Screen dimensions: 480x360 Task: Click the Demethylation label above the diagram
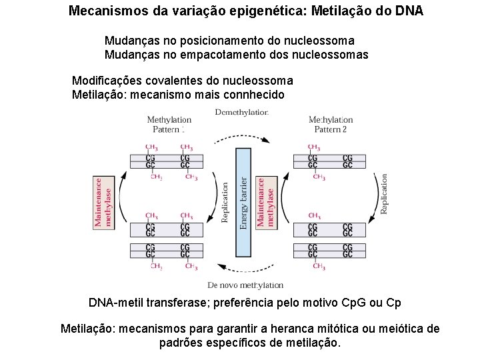click(242, 112)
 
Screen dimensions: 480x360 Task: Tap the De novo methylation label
click(246, 285)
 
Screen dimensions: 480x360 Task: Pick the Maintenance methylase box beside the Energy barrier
click(265, 201)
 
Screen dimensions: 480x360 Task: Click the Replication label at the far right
click(383, 194)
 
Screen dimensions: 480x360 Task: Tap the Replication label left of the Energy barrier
click(225, 203)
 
